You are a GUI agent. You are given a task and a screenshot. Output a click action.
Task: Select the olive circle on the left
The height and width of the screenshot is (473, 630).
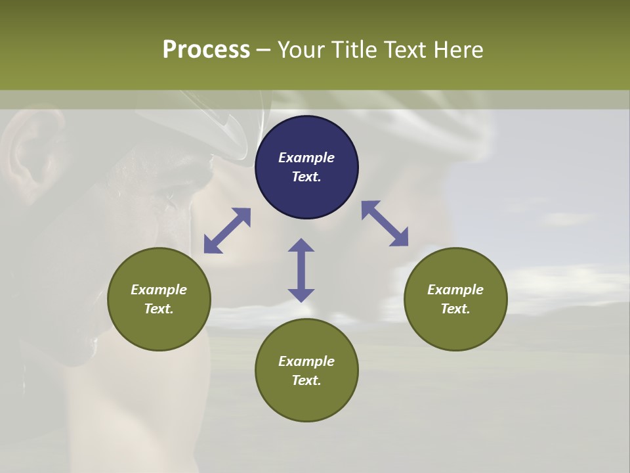(159, 299)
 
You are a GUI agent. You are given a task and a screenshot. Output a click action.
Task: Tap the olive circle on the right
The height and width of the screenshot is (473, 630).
(455, 299)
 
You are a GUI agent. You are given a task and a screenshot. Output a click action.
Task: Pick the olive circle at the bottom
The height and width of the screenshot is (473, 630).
(306, 370)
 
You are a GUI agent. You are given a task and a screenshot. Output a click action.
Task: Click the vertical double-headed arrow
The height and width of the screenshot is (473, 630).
(301, 270)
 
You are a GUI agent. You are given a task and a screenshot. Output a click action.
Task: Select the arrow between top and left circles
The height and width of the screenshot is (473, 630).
(228, 231)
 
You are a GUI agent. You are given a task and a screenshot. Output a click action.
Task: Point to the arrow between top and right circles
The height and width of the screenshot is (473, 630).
(385, 223)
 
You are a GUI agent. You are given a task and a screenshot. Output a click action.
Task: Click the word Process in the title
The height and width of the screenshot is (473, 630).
(206, 49)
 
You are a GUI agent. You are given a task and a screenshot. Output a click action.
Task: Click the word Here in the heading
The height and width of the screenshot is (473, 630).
(459, 49)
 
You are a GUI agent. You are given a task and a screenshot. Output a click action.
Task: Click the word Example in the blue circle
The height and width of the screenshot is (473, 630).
(306, 158)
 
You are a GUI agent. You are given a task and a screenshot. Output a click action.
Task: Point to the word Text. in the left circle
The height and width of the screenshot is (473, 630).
(159, 309)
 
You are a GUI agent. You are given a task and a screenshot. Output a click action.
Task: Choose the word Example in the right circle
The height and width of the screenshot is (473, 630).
(455, 290)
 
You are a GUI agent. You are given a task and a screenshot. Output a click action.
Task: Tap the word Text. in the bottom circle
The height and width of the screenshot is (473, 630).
(306, 380)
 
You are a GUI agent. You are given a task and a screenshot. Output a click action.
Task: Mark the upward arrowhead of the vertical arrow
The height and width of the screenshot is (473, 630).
(301, 246)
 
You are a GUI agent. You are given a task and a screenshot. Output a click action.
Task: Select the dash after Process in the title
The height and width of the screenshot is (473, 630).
(263, 50)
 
